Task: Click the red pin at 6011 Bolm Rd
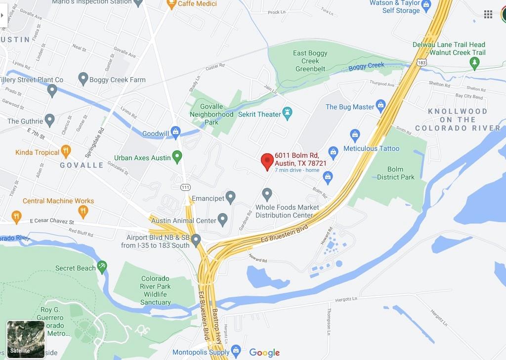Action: [267, 161]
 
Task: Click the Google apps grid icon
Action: [488, 14]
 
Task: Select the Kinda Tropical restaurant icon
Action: [66, 152]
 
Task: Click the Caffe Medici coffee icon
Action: [171, 4]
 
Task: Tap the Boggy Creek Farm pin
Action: [83, 79]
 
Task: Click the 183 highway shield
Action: [421, 62]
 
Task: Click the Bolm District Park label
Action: [395, 173]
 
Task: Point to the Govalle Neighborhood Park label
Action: [211, 114]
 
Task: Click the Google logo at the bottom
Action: [264, 352]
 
